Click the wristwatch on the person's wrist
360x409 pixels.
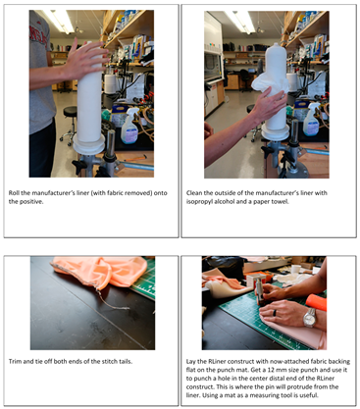309,317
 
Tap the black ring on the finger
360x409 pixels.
275,313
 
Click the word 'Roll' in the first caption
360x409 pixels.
14,193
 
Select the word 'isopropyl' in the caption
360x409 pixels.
197,201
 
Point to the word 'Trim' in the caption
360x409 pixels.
15,361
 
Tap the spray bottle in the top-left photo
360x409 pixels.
129,126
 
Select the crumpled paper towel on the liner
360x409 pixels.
270,82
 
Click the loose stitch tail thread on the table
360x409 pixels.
111,301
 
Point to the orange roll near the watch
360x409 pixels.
316,302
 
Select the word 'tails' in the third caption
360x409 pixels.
125,361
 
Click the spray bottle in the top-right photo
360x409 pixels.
311,120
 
